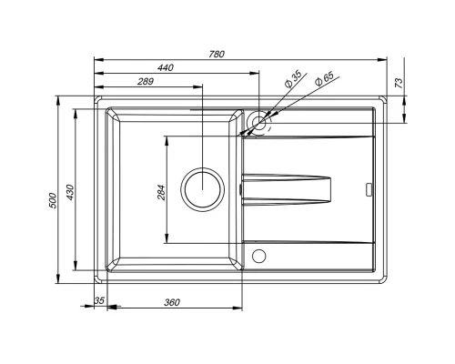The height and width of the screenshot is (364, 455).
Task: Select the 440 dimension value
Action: [x=165, y=68]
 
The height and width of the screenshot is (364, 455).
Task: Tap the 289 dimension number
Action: [x=144, y=82]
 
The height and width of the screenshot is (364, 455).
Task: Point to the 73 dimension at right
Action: [x=398, y=83]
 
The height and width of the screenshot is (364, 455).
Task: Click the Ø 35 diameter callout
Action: [x=293, y=78]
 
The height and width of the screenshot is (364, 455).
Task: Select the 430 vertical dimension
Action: [x=67, y=193]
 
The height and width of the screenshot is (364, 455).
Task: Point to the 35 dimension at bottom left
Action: [x=99, y=300]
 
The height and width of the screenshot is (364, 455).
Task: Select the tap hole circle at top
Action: [x=259, y=121]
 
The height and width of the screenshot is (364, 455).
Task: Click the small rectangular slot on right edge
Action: [x=369, y=190]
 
